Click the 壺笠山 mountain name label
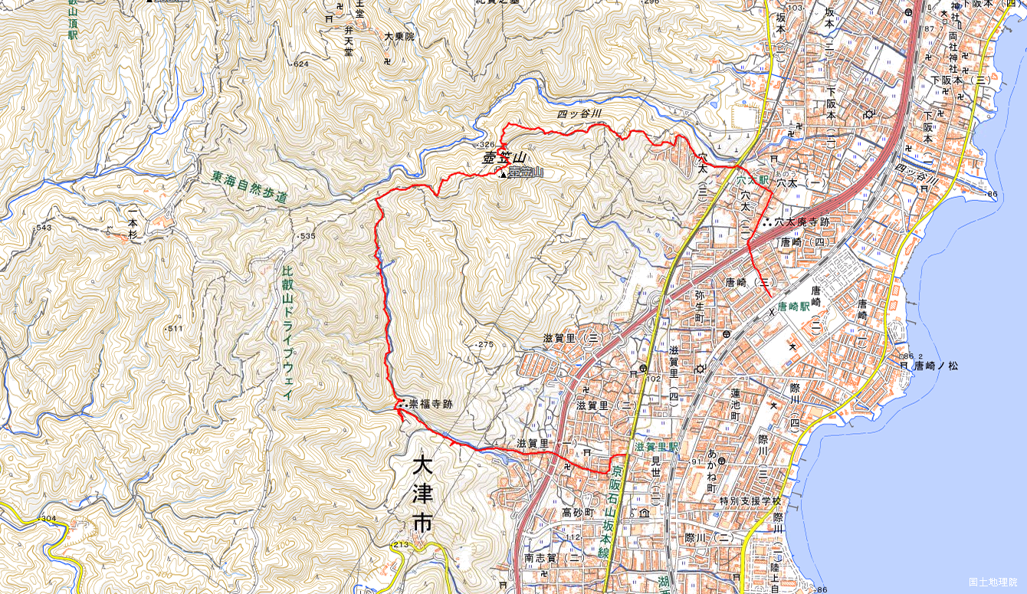pos(500,159)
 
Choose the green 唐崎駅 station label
pos(793,306)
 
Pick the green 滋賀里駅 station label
pos(658,446)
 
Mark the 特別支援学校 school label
pos(750,501)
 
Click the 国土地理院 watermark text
pos(993,582)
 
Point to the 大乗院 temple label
pos(399,36)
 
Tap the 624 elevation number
pos(300,64)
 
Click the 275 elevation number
pos(486,345)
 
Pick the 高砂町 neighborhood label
pos(578,512)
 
